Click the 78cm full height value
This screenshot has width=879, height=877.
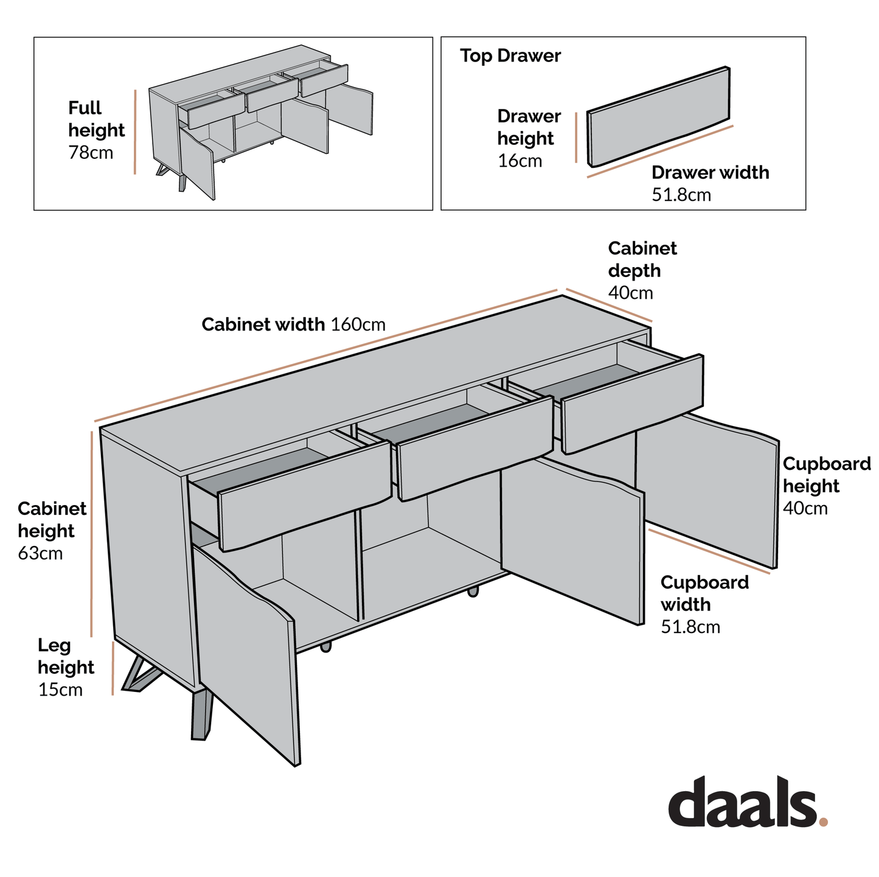coord(91,152)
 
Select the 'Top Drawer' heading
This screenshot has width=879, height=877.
coord(510,56)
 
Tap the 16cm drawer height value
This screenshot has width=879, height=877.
coord(519,161)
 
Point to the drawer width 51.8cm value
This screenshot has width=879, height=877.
coord(681,195)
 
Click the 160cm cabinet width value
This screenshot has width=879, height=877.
coord(358,325)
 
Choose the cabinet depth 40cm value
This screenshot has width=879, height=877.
coord(630,293)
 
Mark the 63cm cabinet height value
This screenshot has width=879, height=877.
coord(40,554)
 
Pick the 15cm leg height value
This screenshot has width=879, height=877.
coord(60,690)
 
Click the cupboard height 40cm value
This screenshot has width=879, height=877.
coord(805,509)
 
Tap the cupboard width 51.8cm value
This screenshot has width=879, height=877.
coord(690,627)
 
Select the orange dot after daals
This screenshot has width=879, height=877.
coord(824,822)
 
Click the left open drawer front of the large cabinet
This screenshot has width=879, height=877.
coord(304,496)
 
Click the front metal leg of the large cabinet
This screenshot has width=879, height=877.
coord(201,715)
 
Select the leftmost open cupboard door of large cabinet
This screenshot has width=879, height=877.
coord(246,651)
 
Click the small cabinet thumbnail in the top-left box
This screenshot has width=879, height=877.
coord(262,122)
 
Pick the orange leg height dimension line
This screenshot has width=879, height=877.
coord(113,668)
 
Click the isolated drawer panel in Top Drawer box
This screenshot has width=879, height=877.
coord(658,117)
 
